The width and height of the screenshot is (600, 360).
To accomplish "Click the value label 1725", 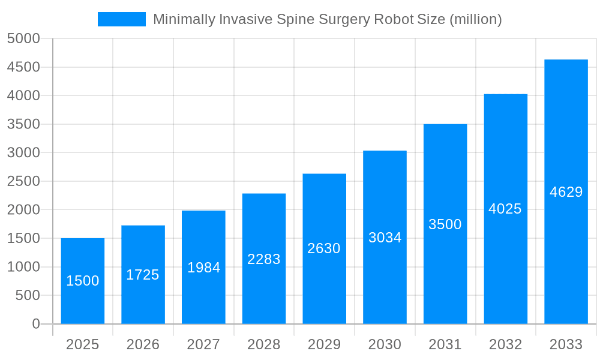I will click(x=143, y=275).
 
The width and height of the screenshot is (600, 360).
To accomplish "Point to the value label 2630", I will click(x=324, y=248).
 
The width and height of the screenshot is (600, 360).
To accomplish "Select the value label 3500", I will click(x=445, y=224).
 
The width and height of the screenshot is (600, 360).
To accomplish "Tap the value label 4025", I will click(x=505, y=209).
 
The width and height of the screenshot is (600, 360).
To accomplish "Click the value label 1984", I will click(x=204, y=268).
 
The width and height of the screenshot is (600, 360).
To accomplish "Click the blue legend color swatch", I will click(x=122, y=19).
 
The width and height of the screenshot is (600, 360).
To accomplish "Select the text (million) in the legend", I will click(x=475, y=19).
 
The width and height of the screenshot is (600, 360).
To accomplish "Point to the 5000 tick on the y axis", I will click(x=23, y=38).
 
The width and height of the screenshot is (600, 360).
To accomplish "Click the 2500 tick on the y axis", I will click(x=23, y=181).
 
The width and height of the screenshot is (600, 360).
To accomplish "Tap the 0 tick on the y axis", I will click(x=35, y=324).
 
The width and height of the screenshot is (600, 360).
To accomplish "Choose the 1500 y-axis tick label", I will click(x=23, y=238).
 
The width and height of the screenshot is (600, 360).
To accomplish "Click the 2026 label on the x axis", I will click(x=143, y=344).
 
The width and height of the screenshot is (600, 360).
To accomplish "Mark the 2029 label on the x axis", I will click(x=324, y=344).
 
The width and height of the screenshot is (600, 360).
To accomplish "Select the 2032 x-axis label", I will click(x=505, y=344).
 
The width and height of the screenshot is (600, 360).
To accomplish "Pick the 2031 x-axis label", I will click(x=445, y=344).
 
